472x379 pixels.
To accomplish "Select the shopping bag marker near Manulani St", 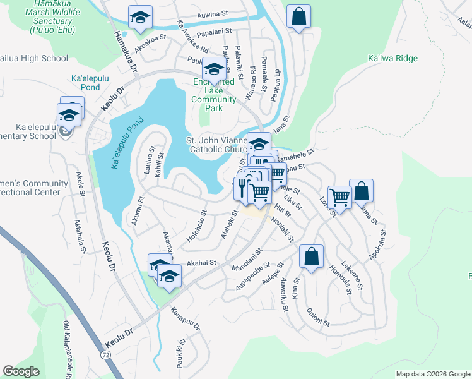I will click(x=311, y=256).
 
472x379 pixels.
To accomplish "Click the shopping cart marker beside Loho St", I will click(x=340, y=197).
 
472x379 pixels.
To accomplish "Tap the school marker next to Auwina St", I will click(x=140, y=17).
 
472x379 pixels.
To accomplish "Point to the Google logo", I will click(x=21, y=371).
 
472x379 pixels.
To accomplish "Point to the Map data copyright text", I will click(x=432, y=374).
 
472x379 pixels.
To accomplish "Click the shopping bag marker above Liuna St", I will click(x=361, y=190).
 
